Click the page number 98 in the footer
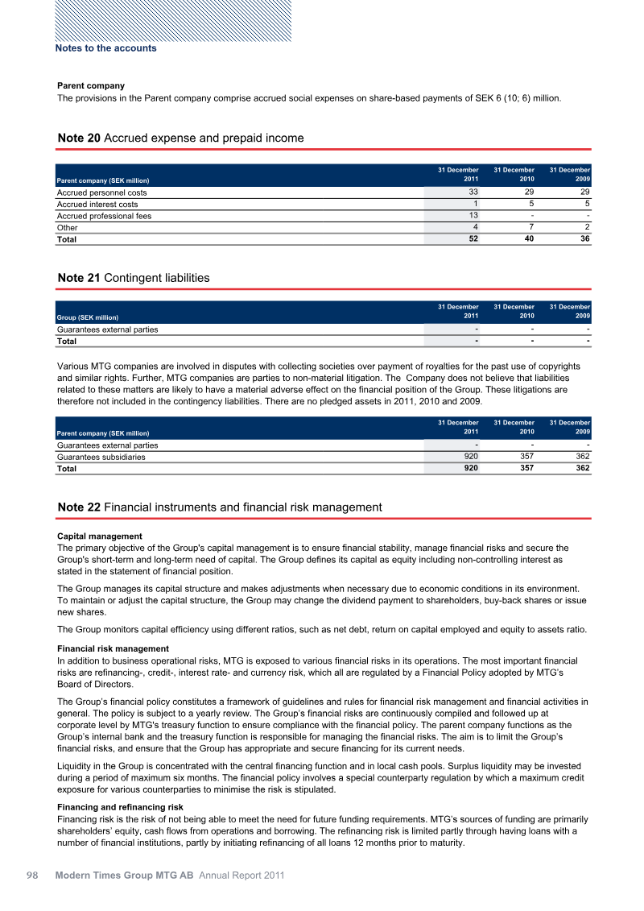click(x=33, y=875)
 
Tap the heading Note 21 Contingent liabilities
click(x=134, y=278)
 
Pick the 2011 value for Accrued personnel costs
click(x=473, y=193)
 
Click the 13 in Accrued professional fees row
click(x=473, y=215)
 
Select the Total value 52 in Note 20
click(x=473, y=239)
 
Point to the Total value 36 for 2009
click(x=585, y=239)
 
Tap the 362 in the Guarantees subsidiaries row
click(x=583, y=456)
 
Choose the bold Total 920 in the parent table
click(x=470, y=468)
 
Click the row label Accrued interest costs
click(x=97, y=204)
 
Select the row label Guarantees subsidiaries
click(x=101, y=457)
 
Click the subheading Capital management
click(x=100, y=536)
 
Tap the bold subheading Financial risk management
click(x=114, y=648)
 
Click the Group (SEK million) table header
click(x=91, y=317)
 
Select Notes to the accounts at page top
click(x=105, y=48)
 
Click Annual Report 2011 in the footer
click(x=242, y=875)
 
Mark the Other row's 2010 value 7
click(x=532, y=227)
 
